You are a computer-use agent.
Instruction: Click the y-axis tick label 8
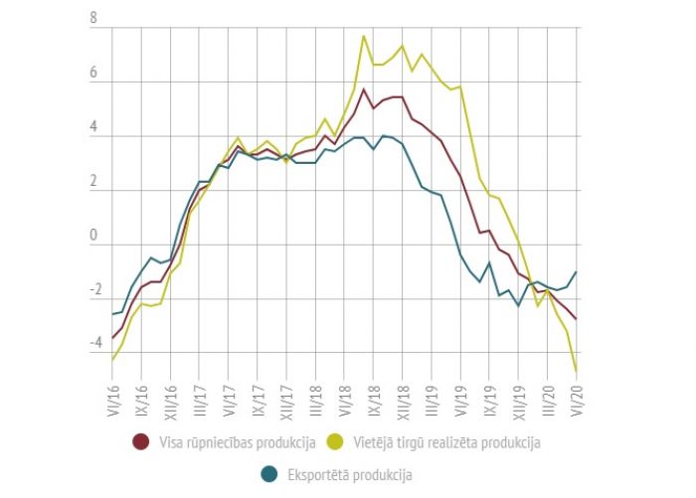[x=92, y=20]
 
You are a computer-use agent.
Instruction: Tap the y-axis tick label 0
[x=92, y=236]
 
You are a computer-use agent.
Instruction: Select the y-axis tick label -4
[x=90, y=343]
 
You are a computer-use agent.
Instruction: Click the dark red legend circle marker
[x=141, y=439]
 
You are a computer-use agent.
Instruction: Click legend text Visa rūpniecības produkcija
[x=237, y=440]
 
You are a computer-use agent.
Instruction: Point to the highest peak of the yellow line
[x=364, y=36]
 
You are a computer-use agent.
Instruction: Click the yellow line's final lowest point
[x=578, y=372]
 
